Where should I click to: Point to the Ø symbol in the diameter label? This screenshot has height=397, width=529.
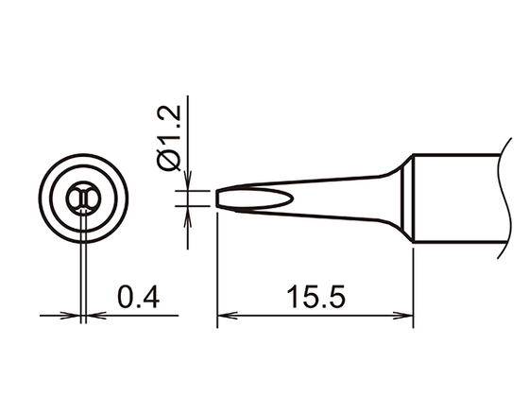[x=171, y=161]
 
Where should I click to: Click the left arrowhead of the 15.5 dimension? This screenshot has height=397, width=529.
[x=224, y=315]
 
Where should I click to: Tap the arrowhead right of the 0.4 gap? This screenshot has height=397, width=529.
[x=92, y=315]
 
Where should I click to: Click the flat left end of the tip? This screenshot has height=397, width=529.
[x=218, y=198]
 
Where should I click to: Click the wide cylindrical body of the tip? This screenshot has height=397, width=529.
[x=453, y=198]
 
